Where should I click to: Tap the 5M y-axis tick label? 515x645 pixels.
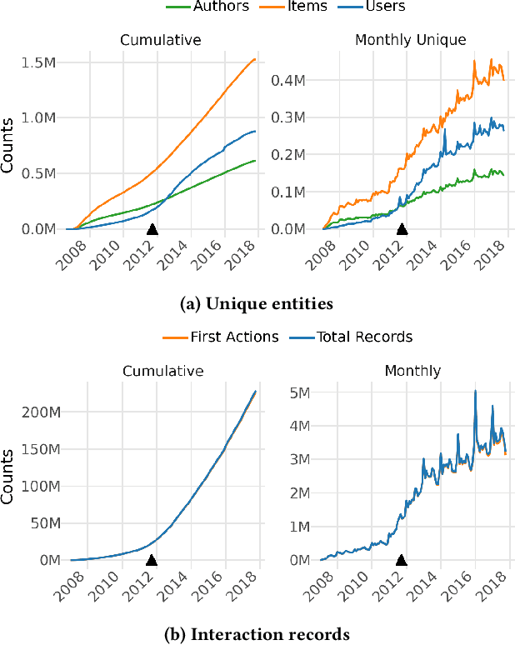(x=300, y=392)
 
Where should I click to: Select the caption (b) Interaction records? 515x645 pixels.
(x=257, y=635)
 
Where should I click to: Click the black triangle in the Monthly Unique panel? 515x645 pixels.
(x=402, y=228)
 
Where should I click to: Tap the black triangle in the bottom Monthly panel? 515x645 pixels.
(x=402, y=560)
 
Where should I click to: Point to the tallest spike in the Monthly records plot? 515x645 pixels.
(x=475, y=392)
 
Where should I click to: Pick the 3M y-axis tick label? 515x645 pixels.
(x=300, y=459)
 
